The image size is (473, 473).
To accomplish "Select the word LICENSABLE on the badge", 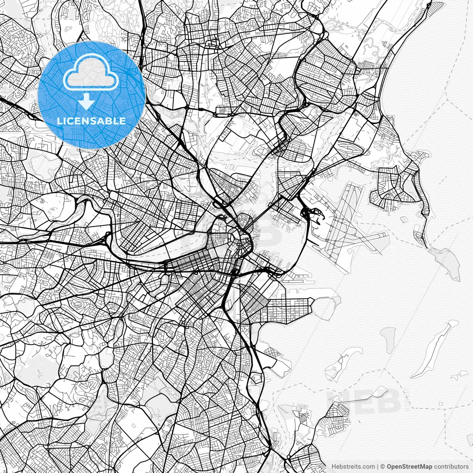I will pos(91,121).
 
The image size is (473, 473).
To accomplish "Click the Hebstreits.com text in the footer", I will pos(352,466).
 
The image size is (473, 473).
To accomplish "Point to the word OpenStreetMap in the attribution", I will pos(409,466).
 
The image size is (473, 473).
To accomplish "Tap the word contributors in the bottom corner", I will pos(451,466).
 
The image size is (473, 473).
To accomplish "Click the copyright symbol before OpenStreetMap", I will pos(383,466).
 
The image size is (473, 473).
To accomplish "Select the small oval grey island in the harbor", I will pos(387,338).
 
